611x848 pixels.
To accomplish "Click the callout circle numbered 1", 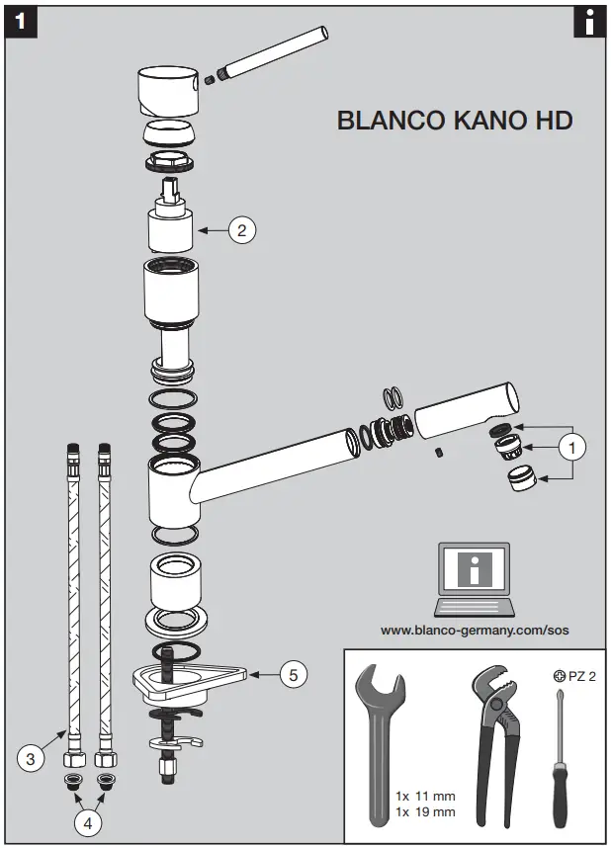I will [570, 447].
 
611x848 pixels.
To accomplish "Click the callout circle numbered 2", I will [242, 230].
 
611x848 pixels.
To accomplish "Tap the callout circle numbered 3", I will [32, 758].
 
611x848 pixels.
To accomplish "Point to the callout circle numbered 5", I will [292, 675].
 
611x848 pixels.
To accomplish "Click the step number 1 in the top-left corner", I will [21, 22].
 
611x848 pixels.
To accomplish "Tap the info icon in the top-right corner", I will [589, 22].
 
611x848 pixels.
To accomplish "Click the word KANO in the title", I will [468, 121].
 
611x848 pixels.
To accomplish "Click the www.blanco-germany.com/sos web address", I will [475, 630].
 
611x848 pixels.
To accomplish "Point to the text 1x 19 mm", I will [425, 811].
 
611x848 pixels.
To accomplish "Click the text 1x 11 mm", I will [425, 796].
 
